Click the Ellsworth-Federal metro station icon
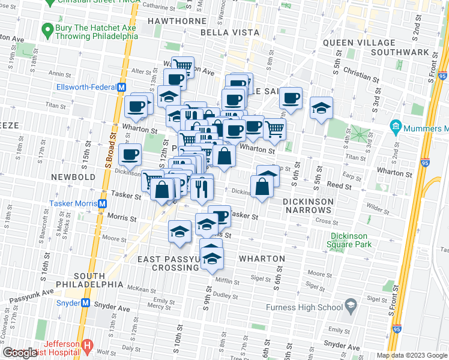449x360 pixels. pos(122,87)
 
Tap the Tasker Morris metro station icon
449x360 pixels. pos(103,203)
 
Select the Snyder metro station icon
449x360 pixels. pos(86,303)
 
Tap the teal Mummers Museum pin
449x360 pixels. pos(395,127)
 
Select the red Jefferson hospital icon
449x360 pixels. pos(86,347)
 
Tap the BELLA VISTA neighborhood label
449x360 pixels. pos(230,32)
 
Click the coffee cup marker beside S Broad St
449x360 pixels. pos(130,155)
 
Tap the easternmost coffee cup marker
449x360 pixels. pos(291,97)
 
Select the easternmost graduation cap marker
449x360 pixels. pos(321,107)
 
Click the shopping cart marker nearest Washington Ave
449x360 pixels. pos(182,66)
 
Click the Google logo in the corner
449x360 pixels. pos(19,353)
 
